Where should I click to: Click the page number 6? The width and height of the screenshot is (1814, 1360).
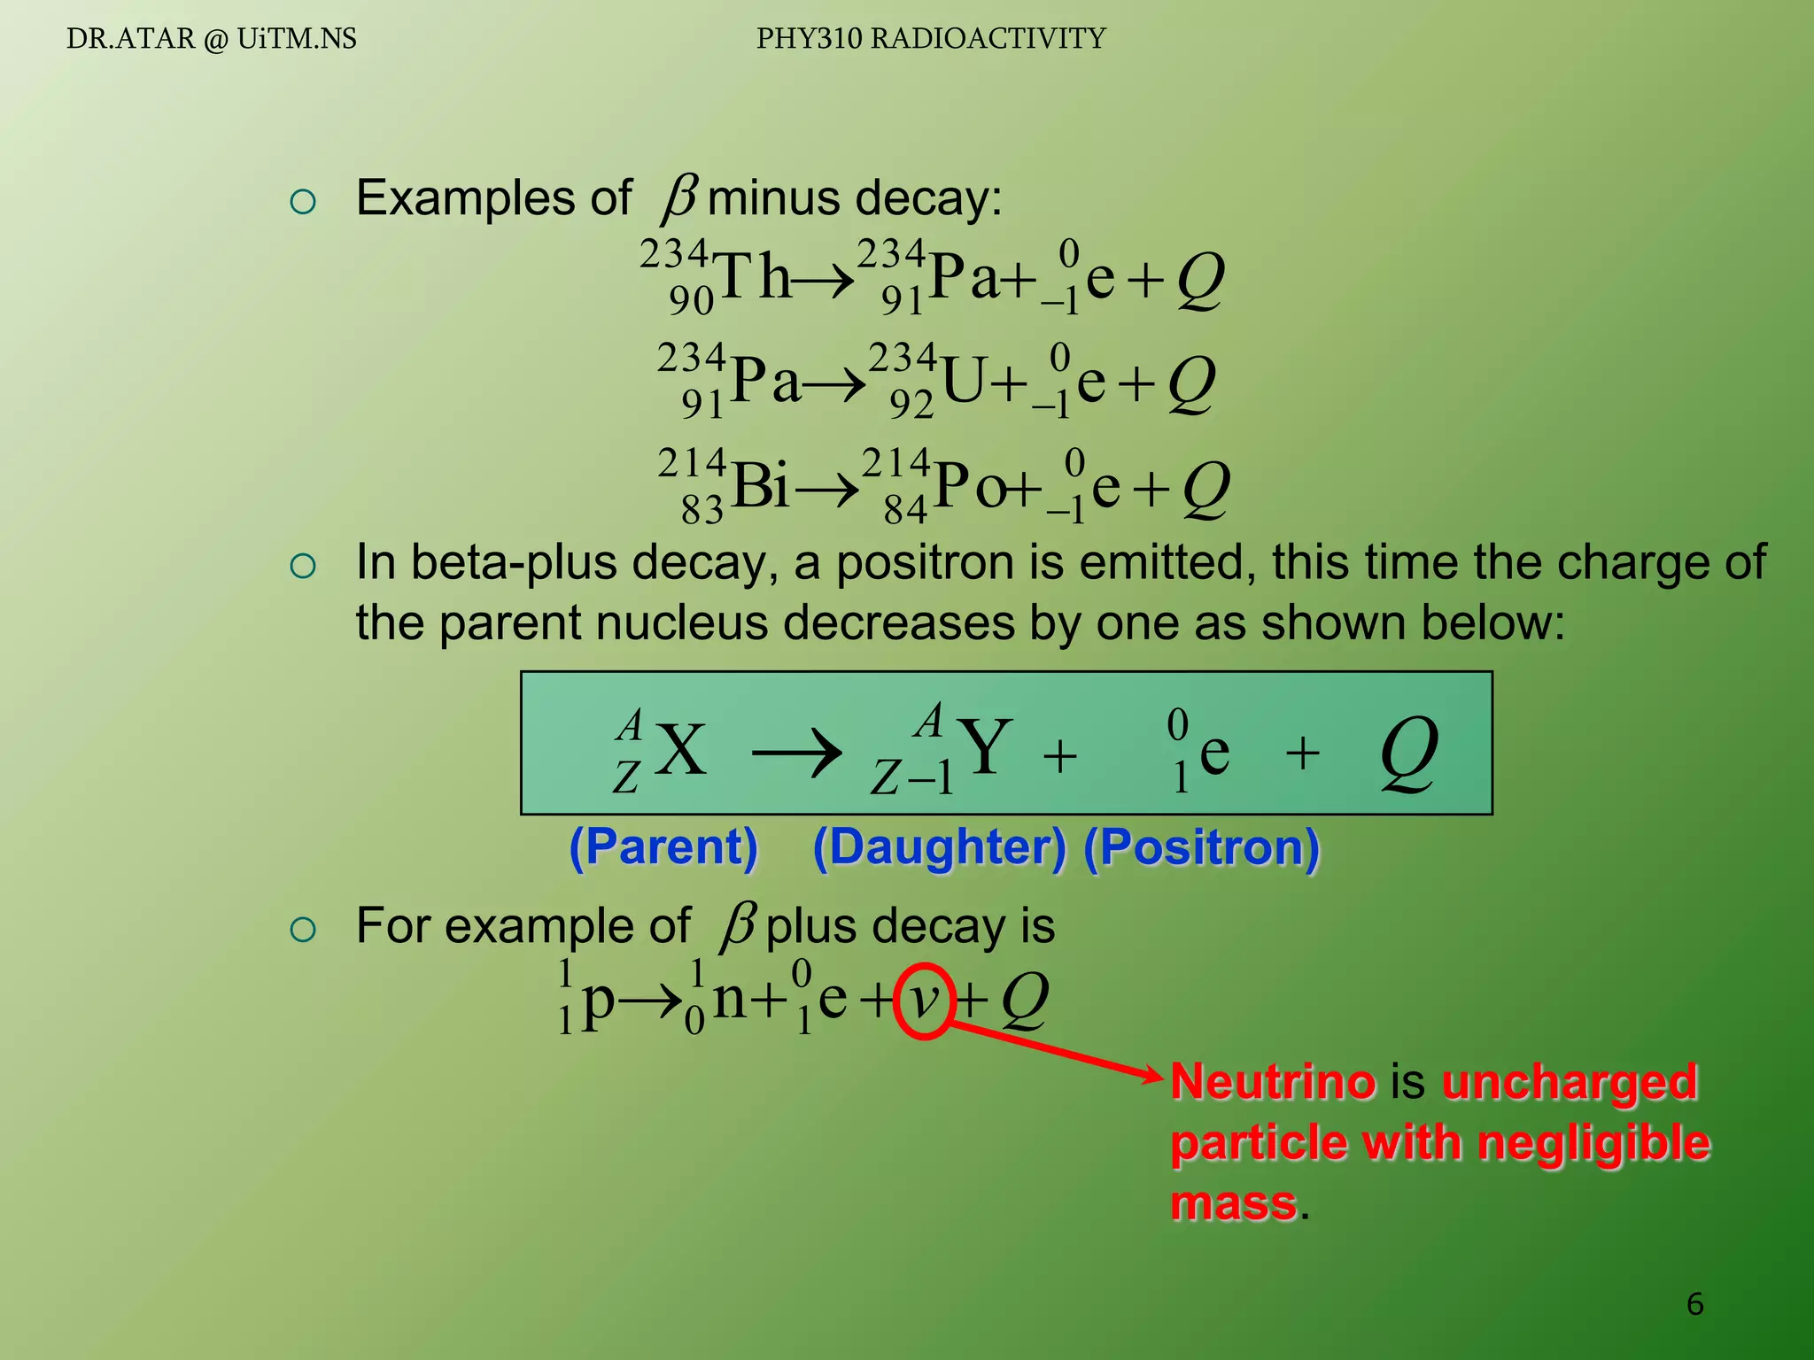coord(1694,1303)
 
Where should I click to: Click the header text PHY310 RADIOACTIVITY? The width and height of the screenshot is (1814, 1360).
coord(931,39)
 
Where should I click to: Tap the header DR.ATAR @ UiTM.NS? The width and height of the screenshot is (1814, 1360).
coord(212,39)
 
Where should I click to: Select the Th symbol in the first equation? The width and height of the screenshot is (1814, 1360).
coord(753,277)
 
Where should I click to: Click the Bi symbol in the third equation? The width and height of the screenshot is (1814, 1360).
coord(761,486)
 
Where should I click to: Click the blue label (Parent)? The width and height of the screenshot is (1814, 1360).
coord(663,847)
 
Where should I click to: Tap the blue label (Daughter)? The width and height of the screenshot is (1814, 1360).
coord(940,847)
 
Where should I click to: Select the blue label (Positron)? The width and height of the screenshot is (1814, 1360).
coord(1201,847)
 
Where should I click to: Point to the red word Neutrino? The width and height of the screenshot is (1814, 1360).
coord(1273,1081)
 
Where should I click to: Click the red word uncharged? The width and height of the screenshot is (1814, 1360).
coord(1569,1081)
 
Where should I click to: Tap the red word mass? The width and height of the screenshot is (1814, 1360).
coord(1234,1203)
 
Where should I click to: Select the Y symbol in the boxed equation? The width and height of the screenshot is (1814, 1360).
coord(985,747)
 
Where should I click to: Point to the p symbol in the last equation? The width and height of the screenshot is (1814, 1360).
coord(598,1001)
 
